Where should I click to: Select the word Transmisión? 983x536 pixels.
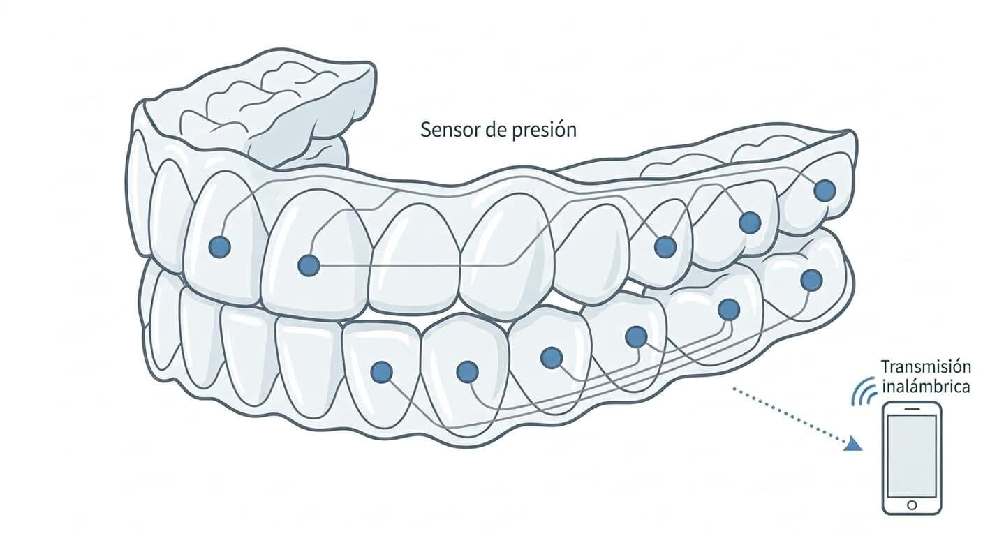tap(919, 366)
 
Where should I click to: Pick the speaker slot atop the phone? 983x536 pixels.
tap(912, 409)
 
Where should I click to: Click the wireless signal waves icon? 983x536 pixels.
tap(863, 392)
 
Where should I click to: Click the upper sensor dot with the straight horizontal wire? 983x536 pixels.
tap(309, 266)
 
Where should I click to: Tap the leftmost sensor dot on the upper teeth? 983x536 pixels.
tap(219, 246)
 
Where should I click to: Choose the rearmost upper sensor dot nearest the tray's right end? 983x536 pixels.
tap(825, 191)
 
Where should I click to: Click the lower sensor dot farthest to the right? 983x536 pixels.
tap(811, 281)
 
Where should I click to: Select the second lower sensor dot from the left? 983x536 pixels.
tap(467, 372)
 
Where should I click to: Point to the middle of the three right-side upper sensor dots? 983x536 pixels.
tap(750, 223)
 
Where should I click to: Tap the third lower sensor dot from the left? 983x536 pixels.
tap(552, 357)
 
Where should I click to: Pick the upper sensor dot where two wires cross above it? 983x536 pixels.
tap(665, 246)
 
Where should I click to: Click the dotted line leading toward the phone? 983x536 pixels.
tap(793, 417)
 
